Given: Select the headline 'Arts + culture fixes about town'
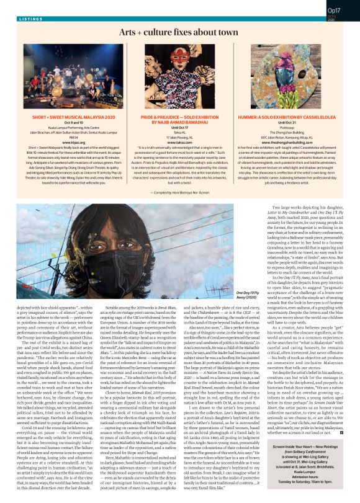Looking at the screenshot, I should [179, 30].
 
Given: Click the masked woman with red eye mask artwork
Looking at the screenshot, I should [180, 68].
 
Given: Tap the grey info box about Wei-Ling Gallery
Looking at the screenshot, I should [304, 473].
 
